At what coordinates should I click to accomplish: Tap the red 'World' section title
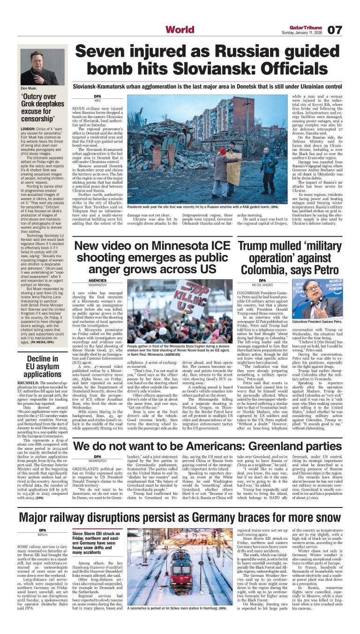point(180,30)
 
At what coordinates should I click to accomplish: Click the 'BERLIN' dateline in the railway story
point(43,535)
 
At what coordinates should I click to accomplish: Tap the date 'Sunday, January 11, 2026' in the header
point(301,33)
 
